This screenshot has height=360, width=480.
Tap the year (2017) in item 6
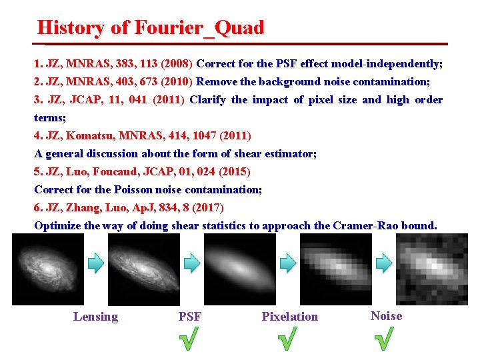[x=205, y=208]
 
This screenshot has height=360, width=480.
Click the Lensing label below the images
[x=95, y=317]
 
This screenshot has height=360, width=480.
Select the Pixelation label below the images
[x=289, y=317]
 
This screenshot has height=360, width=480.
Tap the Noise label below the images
[x=386, y=316]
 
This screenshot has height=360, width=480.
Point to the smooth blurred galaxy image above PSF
[x=239, y=269]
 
